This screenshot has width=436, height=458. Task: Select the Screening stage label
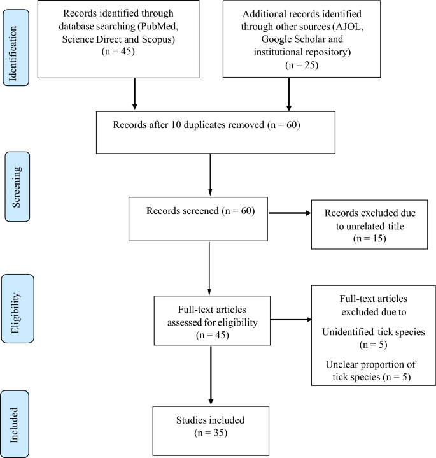[18, 184]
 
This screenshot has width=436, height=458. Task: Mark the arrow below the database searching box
[135, 96]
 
